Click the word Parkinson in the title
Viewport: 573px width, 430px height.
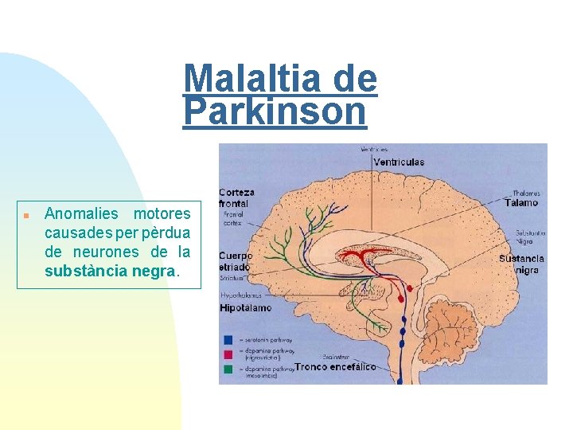click(x=275, y=111)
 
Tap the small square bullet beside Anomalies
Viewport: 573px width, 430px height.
click(x=26, y=215)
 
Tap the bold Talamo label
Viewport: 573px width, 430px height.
click(x=520, y=202)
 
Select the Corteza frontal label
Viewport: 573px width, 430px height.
click(x=237, y=197)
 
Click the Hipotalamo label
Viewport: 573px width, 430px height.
click(x=246, y=307)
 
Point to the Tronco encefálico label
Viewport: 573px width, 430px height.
click(x=335, y=367)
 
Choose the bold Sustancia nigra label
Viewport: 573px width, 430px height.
click(x=522, y=264)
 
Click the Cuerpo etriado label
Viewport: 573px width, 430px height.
click(x=236, y=262)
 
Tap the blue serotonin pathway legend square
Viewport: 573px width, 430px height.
click(x=228, y=338)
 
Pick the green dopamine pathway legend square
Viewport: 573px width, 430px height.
click(x=228, y=369)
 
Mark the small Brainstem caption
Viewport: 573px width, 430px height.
click(x=335, y=357)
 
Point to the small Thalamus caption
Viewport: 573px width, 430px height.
click(x=525, y=192)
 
